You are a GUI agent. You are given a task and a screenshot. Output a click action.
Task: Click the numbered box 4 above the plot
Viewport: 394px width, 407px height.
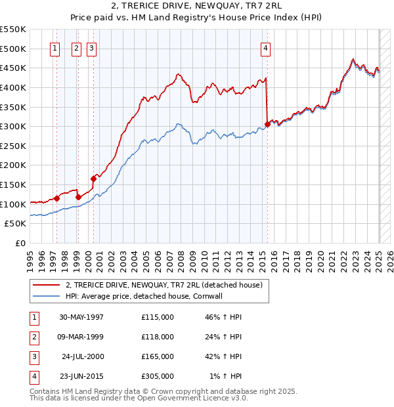coord(265,47)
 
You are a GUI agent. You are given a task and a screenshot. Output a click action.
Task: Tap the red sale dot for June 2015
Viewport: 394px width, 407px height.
coord(267,124)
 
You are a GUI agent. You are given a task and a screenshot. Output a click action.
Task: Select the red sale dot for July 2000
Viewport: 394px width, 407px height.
coord(93,179)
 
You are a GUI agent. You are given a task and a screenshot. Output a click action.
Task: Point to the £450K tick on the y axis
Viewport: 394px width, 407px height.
coord(14,68)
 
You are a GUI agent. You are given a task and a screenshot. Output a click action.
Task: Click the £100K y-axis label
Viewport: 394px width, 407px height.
coord(14,204)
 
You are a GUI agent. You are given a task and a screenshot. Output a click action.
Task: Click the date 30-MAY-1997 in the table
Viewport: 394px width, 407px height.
coord(81,317)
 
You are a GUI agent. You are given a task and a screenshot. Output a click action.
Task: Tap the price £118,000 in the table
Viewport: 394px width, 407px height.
coord(157,337)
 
